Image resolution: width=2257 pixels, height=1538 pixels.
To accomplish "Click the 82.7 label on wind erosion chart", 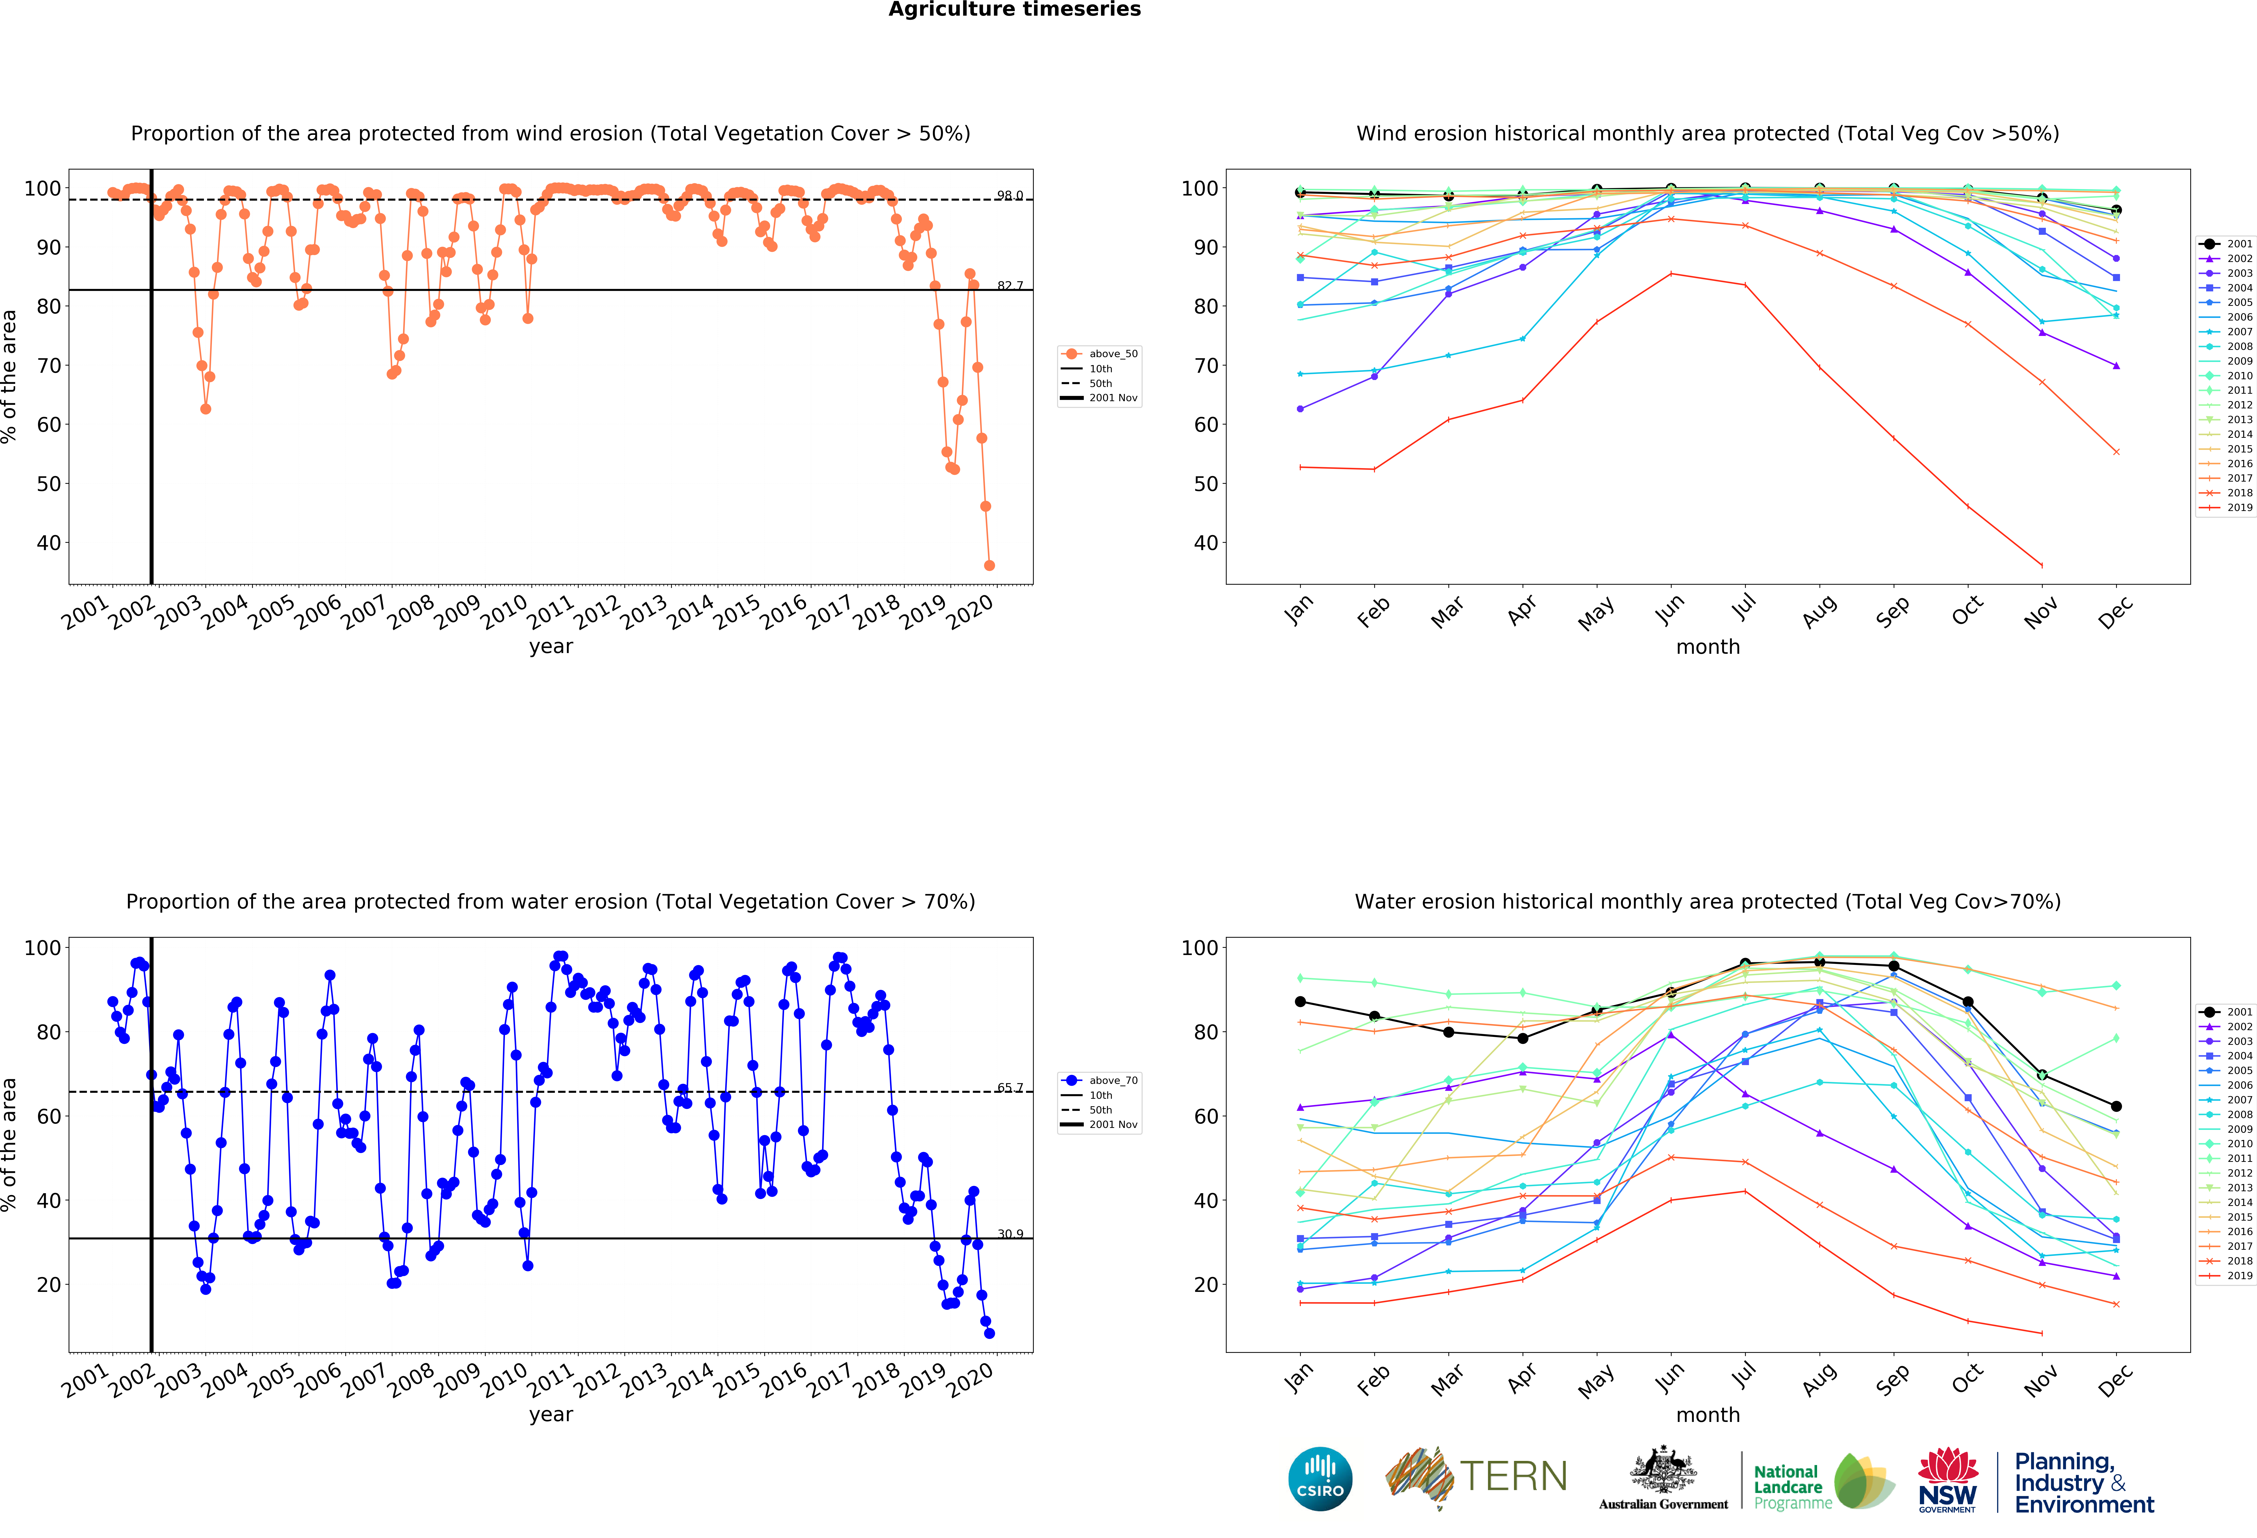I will tap(1010, 285).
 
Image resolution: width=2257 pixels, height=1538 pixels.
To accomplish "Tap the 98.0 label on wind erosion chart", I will tap(1010, 195).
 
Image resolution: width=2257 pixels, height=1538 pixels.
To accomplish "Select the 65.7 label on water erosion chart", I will tap(1010, 1087).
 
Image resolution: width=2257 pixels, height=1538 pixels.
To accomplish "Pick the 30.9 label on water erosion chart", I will tap(1010, 1234).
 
